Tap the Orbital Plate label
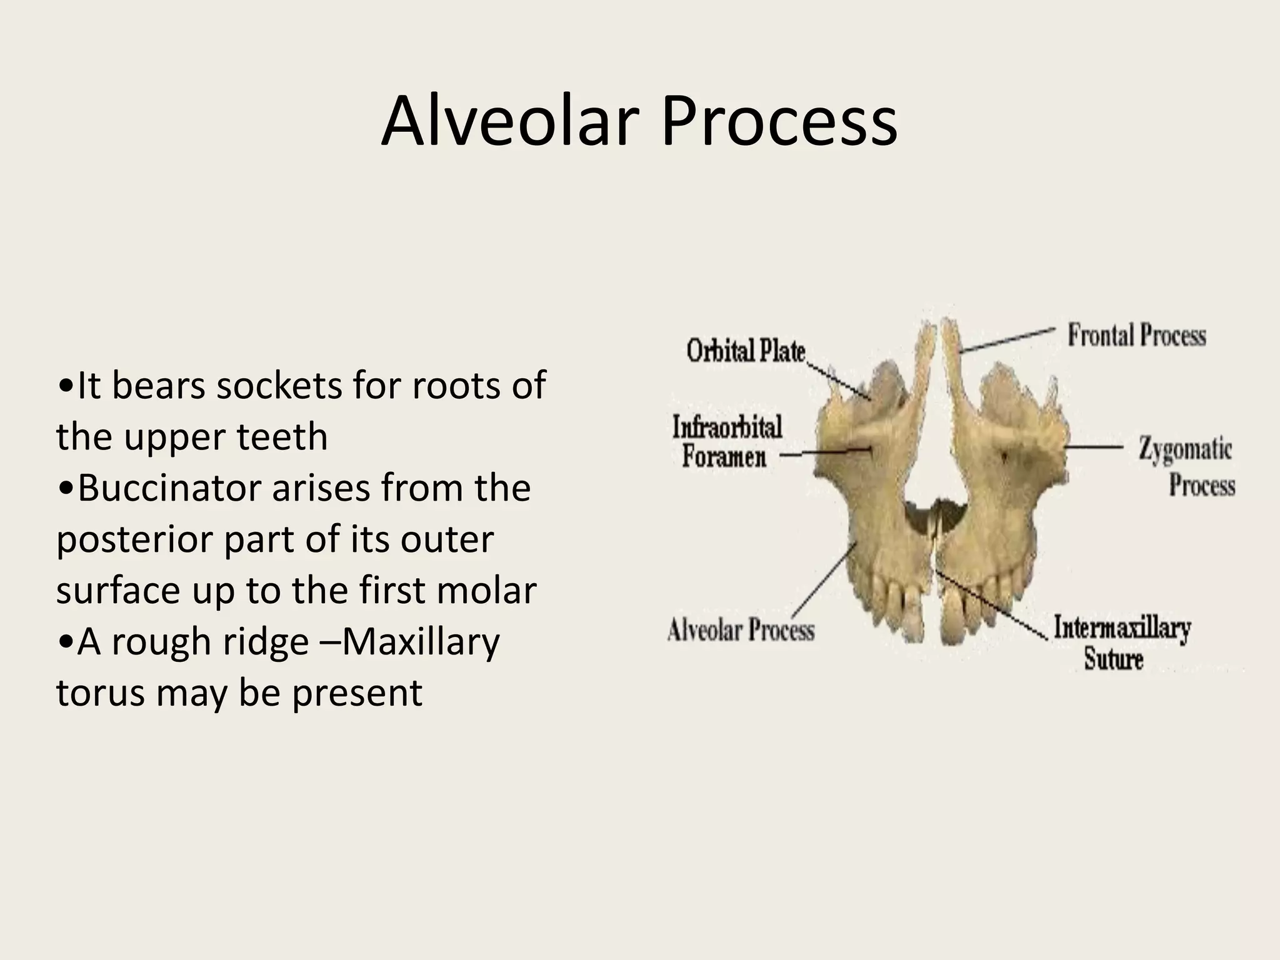pos(746,351)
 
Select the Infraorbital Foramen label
pos(726,442)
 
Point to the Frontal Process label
pos(1136,335)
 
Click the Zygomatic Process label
pos(1186,467)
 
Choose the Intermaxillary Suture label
pos(1122,642)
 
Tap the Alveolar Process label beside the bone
pos(741,629)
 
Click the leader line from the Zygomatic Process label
pos(1094,447)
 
